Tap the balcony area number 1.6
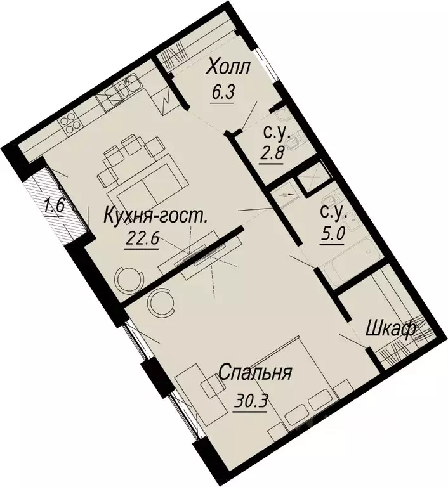pyautogui.click(x=55, y=207)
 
